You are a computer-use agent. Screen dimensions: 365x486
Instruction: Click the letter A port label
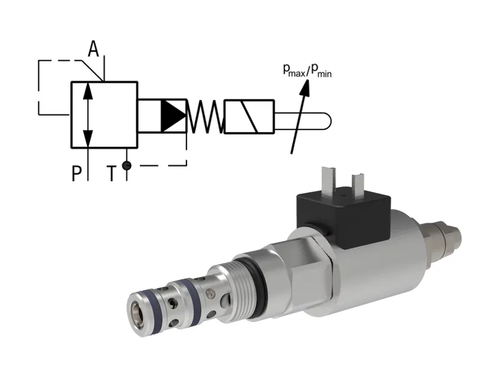[93, 49]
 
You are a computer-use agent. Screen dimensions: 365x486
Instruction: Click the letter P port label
[77, 175]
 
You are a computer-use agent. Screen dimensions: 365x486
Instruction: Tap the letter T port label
[112, 175]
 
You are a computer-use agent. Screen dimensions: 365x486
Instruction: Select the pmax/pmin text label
[307, 71]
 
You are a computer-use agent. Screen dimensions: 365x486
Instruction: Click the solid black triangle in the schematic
[172, 116]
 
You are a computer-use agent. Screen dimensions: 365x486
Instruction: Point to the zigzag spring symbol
[204, 116]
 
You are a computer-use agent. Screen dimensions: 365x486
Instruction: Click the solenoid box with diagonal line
[249, 116]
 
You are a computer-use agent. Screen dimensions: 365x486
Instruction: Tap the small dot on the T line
[126, 164]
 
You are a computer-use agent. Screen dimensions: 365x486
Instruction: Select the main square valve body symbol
[104, 114]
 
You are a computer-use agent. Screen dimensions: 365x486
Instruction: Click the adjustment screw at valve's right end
[450, 235]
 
